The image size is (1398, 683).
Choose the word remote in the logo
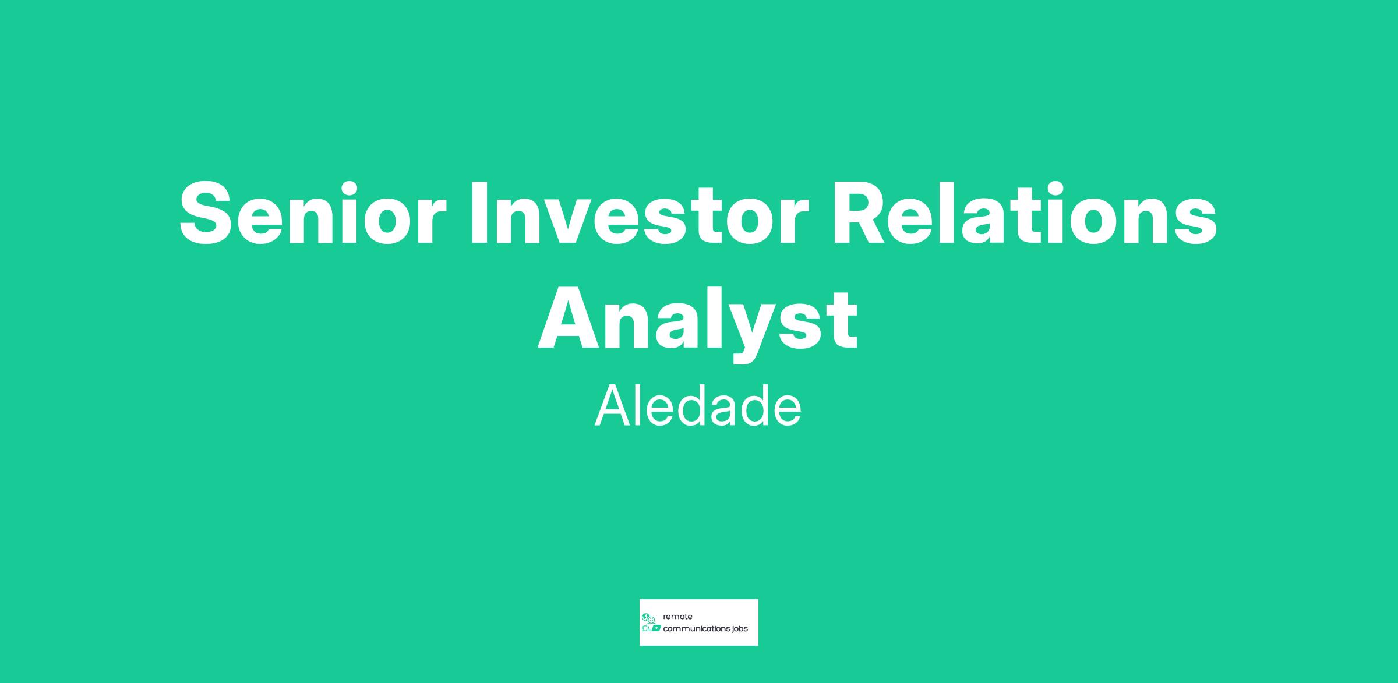point(677,617)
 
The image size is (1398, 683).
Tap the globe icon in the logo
point(645,617)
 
